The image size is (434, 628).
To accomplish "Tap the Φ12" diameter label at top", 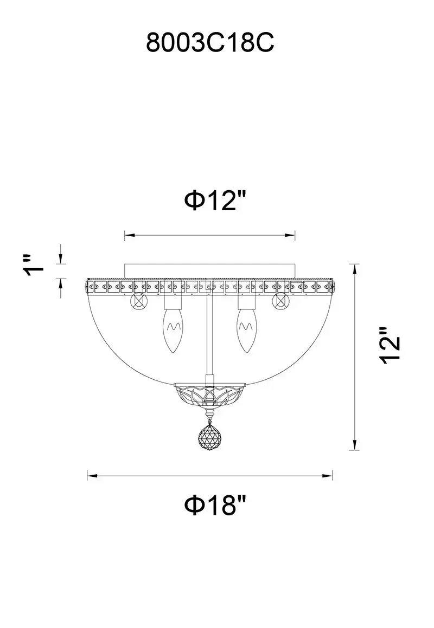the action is (x=215, y=200).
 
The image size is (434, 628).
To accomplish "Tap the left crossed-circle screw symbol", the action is (x=139, y=301).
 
